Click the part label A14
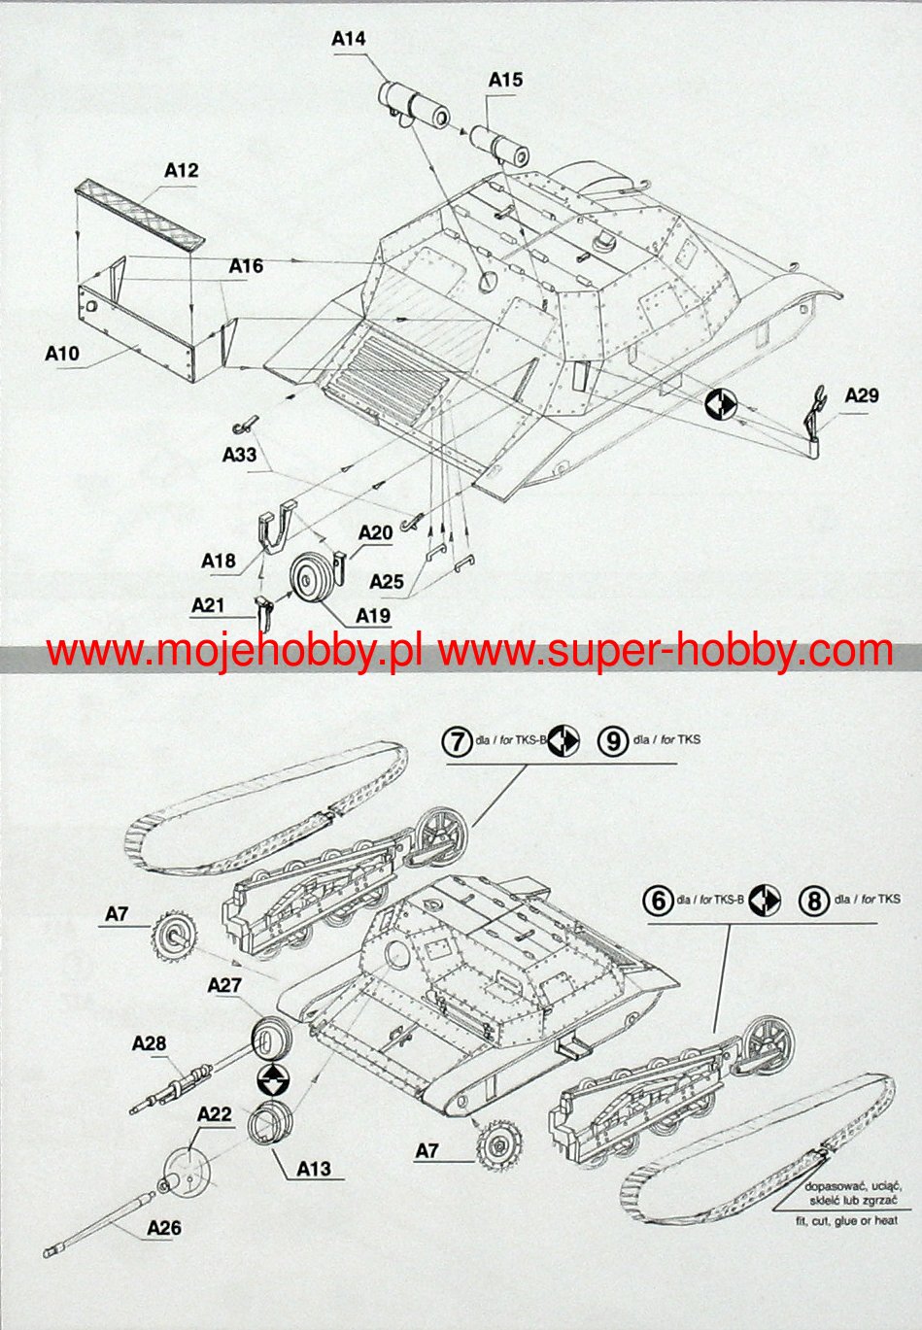click(348, 39)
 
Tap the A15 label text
click(505, 80)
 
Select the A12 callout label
click(181, 170)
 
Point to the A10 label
click(62, 354)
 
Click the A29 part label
click(861, 394)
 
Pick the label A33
click(239, 454)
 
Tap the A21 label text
click(208, 605)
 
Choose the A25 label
click(387, 581)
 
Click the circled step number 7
click(456, 741)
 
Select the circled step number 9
click(611, 741)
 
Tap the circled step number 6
click(659, 901)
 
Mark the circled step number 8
click(812, 901)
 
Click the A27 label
click(224, 985)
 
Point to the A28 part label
click(149, 1043)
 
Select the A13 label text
click(314, 1169)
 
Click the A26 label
click(164, 1228)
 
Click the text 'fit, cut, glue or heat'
click(843, 1221)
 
